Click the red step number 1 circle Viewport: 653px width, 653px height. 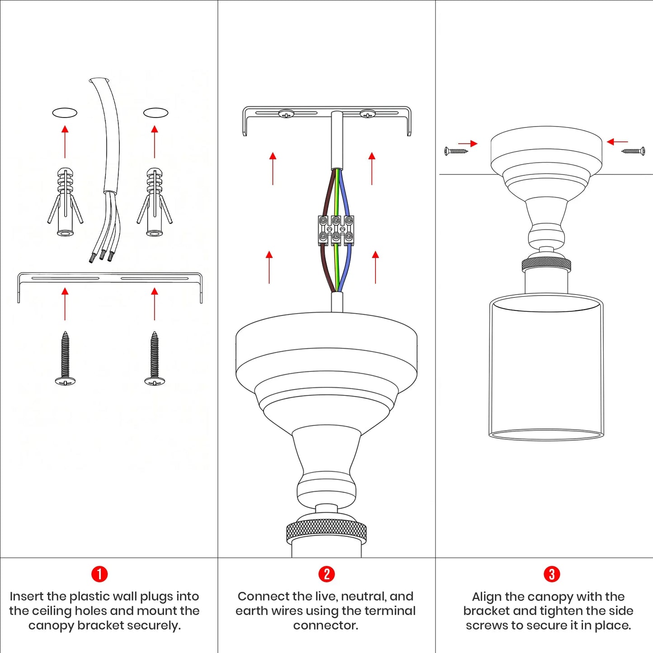coord(99,574)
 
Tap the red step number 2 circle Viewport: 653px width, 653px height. coord(326,574)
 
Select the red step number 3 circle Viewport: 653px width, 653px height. coord(552,574)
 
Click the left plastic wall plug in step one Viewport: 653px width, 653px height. coord(65,202)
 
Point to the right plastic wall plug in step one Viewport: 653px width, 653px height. coord(155,202)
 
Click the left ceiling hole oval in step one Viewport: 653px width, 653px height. coord(65,113)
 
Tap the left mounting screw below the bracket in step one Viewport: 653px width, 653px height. coord(65,358)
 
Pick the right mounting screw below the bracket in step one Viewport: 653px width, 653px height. coord(155,358)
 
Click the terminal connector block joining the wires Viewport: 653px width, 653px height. coord(336,230)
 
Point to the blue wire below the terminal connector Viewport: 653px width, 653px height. coord(347,268)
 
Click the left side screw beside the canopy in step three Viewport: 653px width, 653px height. coord(456,151)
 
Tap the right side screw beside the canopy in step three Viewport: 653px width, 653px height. coord(633,151)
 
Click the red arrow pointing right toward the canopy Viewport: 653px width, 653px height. coord(468,144)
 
